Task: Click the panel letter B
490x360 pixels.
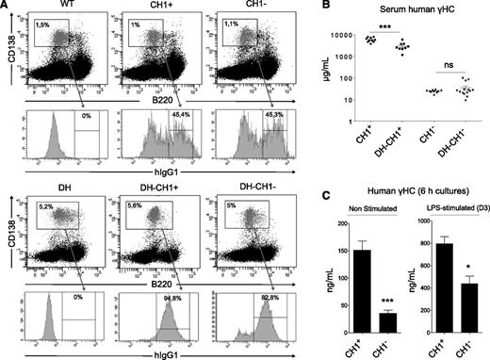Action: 323,8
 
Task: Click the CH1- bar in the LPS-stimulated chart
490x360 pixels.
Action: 468,306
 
